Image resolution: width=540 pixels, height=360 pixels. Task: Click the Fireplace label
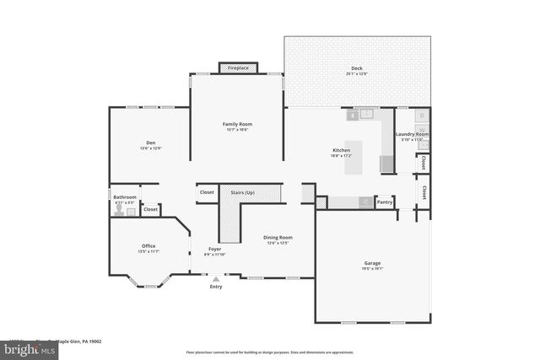pyautogui.click(x=238, y=67)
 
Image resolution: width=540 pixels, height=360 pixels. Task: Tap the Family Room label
pyautogui.click(x=238, y=124)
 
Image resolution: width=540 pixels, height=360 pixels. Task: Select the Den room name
pyautogui.click(x=150, y=142)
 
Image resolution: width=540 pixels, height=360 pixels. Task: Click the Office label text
pyautogui.click(x=148, y=246)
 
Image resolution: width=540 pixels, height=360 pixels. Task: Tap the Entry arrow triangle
pyautogui.click(x=216, y=278)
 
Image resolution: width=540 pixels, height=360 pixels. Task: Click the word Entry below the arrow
pyautogui.click(x=216, y=287)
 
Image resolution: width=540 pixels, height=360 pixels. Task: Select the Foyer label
pyautogui.click(x=215, y=249)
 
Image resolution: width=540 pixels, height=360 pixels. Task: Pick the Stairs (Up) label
pyautogui.click(x=243, y=192)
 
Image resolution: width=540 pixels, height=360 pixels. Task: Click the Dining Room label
pyautogui.click(x=278, y=238)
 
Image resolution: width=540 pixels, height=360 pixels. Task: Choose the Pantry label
pyautogui.click(x=385, y=202)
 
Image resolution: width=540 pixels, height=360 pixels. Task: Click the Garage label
pyautogui.click(x=372, y=263)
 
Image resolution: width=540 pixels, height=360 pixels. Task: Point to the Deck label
pyautogui.click(x=356, y=68)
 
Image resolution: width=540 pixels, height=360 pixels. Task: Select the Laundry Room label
pyautogui.click(x=412, y=134)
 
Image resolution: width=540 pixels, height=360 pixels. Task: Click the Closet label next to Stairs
pyautogui.click(x=207, y=192)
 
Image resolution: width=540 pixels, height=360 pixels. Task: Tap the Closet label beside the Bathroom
pyautogui.click(x=150, y=209)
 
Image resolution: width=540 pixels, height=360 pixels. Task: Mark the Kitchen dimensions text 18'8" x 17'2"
pyautogui.click(x=341, y=156)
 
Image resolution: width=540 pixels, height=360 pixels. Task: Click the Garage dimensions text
pyautogui.click(x=372, y=270)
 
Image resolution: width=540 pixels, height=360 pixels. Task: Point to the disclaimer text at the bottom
pyautogui.click(x=269, y=352)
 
